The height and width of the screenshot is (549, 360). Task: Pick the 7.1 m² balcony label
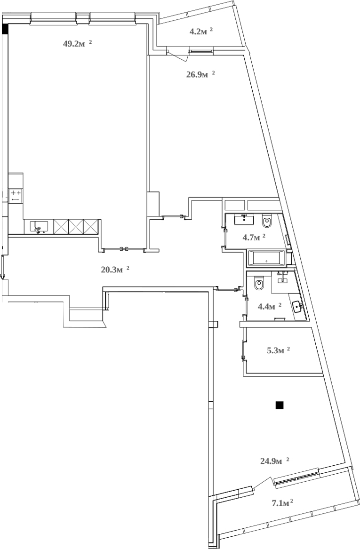pos(282,504)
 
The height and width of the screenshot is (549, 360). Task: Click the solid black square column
pos(280,405)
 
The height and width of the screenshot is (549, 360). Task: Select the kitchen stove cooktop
pos(16,195)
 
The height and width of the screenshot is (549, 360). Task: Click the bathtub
pos(266,258)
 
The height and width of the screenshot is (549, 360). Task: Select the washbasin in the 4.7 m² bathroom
pos(244,219)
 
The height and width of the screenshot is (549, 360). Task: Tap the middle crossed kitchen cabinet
pos(76,227)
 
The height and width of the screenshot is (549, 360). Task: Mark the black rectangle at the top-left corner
pos(5,29)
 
